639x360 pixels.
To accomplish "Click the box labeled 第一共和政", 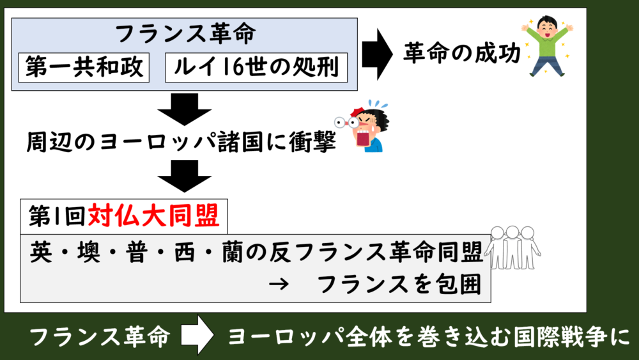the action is (x=84, y=67).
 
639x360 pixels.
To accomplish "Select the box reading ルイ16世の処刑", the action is (x=256, y=67).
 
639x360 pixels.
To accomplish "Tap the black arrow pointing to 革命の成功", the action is (x=378, y=54).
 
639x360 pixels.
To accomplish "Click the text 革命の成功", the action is (x=462, y=53).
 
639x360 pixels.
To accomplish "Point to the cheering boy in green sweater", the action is (x=548, y=46).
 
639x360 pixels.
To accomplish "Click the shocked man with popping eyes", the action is (x=362, y=126).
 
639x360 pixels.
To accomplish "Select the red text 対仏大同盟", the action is (x=153, y=215).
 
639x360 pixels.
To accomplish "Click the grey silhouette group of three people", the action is (x=512, y=247).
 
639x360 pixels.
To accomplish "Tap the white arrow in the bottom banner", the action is (x=197, y=335).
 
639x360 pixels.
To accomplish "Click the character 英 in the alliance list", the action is (x=41, y=253).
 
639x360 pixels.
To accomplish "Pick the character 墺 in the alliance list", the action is (x=89, y=253).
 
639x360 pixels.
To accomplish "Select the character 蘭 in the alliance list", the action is (x=233, y=253).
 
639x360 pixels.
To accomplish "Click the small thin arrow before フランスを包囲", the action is (x=279, y=284).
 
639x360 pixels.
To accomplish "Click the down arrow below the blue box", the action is (x=185, y=109).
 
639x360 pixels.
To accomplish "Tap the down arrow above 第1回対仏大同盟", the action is (x=185, y=176).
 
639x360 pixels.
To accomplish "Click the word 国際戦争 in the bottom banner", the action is (x=560, y=337).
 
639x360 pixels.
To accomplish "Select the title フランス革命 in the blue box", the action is (x=186, y=33).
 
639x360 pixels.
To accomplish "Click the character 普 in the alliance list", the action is (x=137, y=253).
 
